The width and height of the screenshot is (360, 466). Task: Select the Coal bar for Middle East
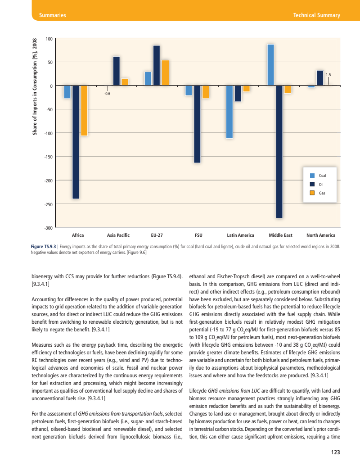tap(271, 65)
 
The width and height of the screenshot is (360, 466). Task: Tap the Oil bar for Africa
tap(76, 142)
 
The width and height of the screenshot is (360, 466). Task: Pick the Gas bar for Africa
tap(84, 110)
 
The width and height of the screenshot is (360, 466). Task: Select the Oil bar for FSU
tap(197, 124)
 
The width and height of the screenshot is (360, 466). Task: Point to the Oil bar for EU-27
tap(157, 65)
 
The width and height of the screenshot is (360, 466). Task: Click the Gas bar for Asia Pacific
tap(125, 82)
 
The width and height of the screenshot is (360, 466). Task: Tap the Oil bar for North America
tap(320, 78)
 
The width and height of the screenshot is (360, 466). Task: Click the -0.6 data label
tap(107, 93)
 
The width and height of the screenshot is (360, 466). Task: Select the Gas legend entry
tap(322, 193)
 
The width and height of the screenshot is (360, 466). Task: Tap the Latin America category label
tap(240, 235)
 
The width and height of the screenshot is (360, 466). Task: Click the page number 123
tap(335, 452)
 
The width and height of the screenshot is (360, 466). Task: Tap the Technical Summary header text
tap(316, 15)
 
